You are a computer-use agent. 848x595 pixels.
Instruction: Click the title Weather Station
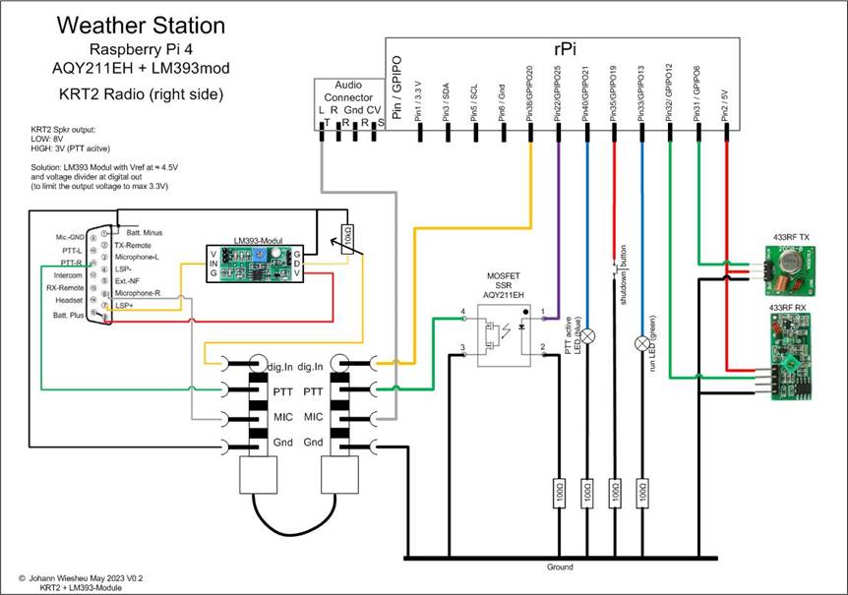(x=141, y=25)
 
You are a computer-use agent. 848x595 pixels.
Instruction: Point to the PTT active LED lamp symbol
(x=587, y=336)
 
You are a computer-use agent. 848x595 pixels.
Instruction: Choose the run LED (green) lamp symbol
(x=642, y=343)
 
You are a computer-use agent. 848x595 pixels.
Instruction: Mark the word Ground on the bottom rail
(x=560, y=567)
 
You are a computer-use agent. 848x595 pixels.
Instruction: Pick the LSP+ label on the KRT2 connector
(x=124, y=306)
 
